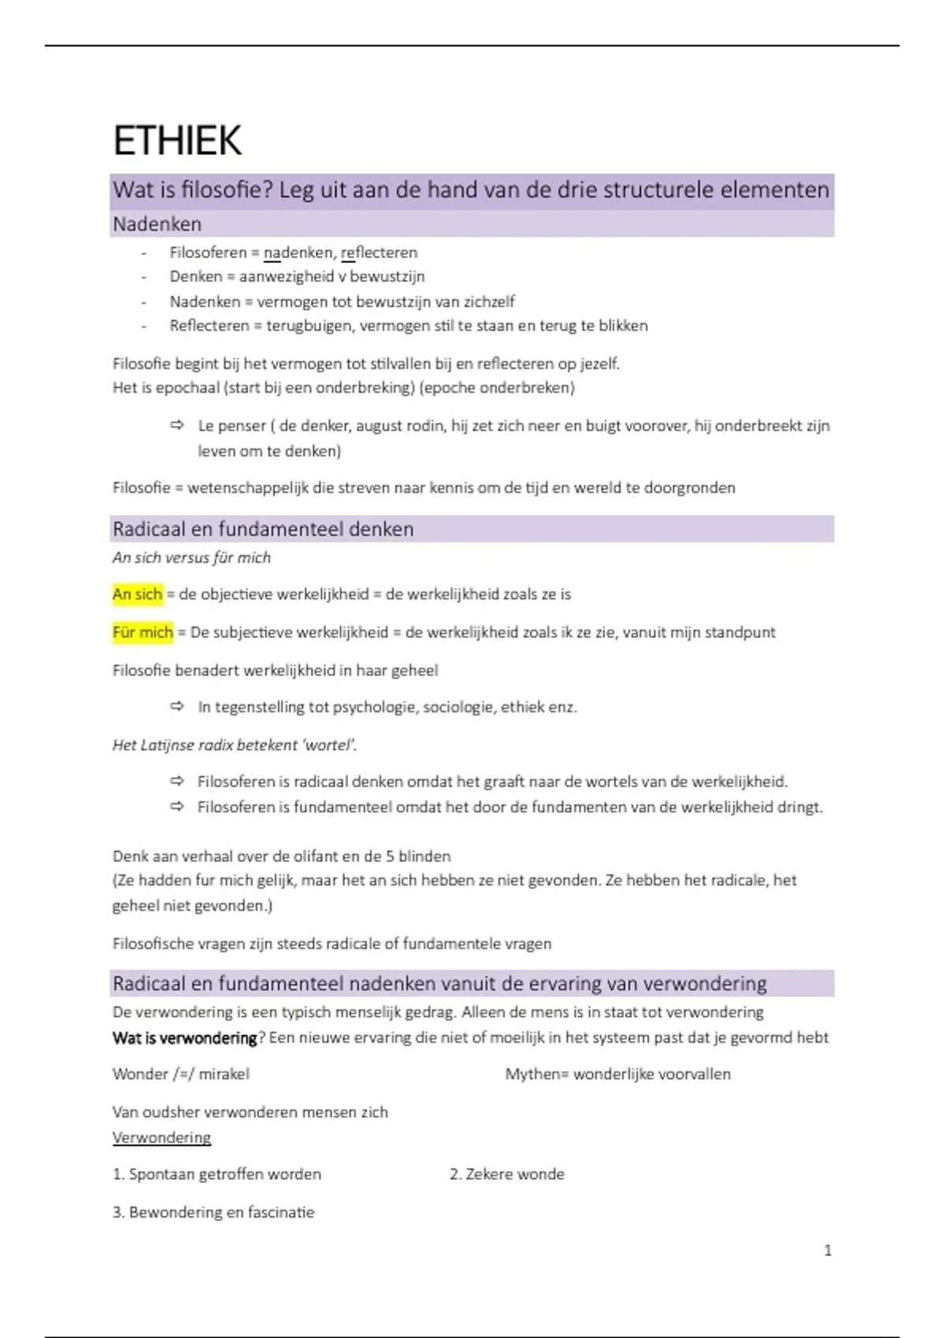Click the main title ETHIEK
(x=177, y=141)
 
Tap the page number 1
(x=828, y=1250)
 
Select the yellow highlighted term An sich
(x=138, y=594)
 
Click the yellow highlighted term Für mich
(x=143, y=632)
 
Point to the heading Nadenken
(x=157, y=224)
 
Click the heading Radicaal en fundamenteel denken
(x=263, y=529)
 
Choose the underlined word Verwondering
(x=161, y=1137)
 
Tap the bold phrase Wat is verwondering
(x=185, y=1037)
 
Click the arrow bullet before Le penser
(x=177, y=425)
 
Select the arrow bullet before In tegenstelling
(x=177, y=707)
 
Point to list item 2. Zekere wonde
(x=507, y=1174)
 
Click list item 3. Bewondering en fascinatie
(x=213, y=1212)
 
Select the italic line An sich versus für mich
(x=191, y=557)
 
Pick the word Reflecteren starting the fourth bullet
(x=209, y=325)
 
